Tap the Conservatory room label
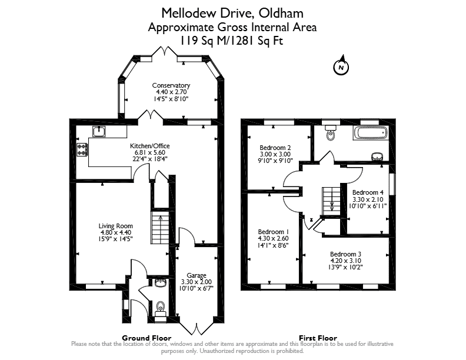coord(171,85)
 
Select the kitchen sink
coord(99,131)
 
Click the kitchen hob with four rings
coord(82,149)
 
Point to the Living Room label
coord(115,226)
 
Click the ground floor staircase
coord(160,228)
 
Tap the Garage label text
coord(197,275)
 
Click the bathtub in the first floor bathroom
coord(370,132)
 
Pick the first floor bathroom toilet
coord(330,132)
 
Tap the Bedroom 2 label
coord(275,148)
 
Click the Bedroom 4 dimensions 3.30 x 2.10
coord(368,199)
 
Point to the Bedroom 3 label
coord(345,254)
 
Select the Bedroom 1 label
coord(274,232)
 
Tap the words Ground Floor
coord(147,338)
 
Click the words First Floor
coord(318,338)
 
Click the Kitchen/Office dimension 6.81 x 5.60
coord(150,152)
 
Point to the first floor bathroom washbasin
coord(377,156)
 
